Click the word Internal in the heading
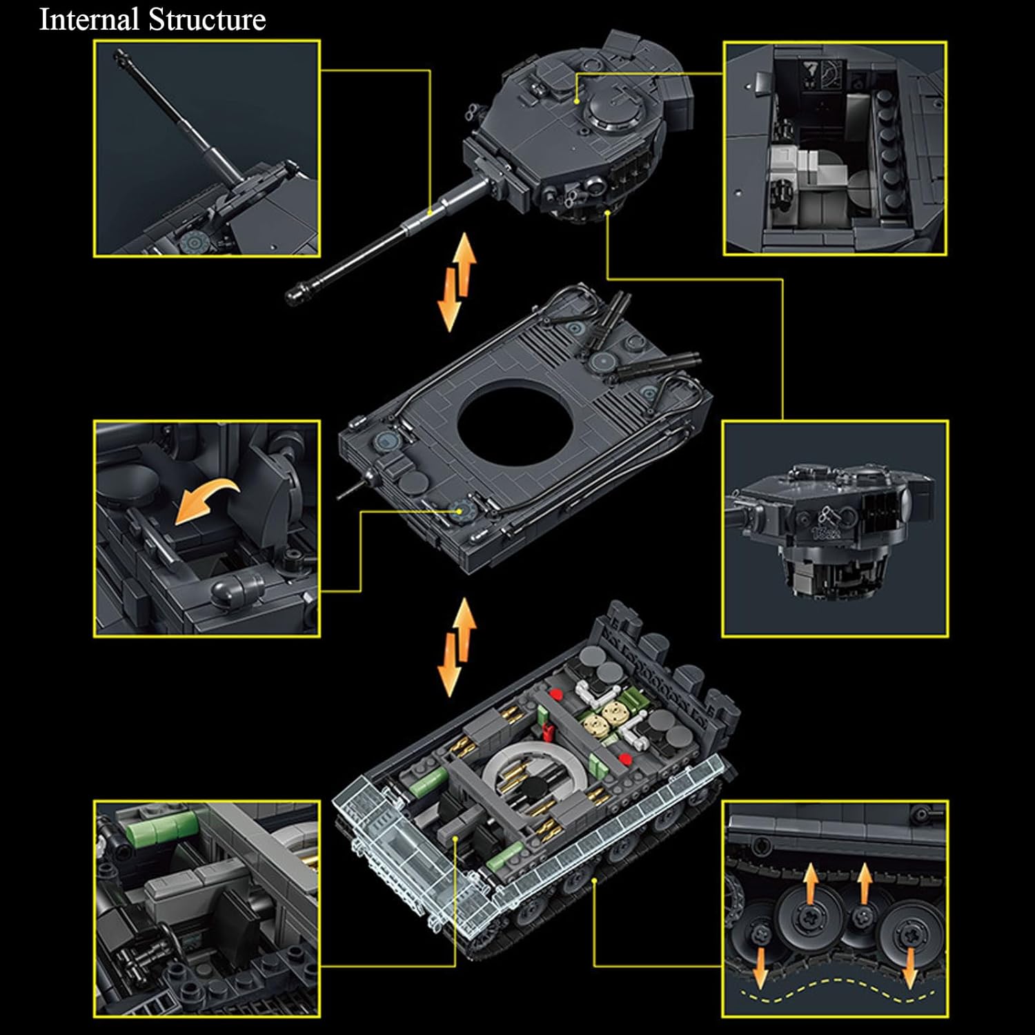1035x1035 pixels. coord(89,19)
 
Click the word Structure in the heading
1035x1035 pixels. coord(208,19)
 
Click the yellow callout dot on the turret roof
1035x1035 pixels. coord(578,101)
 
